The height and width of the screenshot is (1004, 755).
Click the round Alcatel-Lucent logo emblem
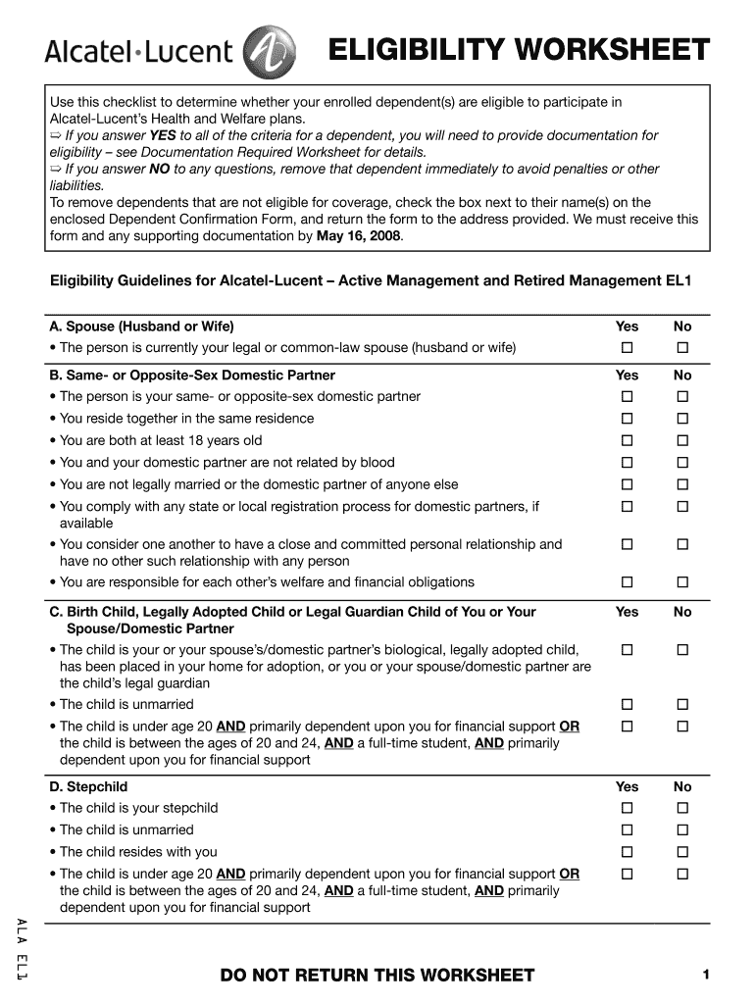[262, 51]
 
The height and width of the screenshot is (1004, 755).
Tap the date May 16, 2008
[359, 236]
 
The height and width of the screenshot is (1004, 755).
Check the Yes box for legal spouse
[627, 348]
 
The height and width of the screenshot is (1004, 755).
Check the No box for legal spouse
[682, 348]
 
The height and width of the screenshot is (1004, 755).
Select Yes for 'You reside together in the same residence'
[627, 419]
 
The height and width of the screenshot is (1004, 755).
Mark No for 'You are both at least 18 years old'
[682, 440]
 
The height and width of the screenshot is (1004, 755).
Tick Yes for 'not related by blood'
[627, 463]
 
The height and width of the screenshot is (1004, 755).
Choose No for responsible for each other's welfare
[682, 582]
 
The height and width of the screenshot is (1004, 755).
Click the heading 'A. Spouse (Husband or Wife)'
[142, 326]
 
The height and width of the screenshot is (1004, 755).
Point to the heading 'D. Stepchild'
[89, 786]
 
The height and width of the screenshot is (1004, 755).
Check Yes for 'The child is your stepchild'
[627, 808]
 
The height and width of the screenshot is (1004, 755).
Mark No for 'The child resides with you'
[682, 852]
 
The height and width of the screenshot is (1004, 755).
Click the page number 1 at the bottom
[705, 974]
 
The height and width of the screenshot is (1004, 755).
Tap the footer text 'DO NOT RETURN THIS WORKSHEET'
[377, 975]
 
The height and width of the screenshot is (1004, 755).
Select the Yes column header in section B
[627, 376]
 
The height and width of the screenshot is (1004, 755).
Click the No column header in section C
[682, 612]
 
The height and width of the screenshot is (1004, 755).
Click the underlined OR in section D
[569, 874]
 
